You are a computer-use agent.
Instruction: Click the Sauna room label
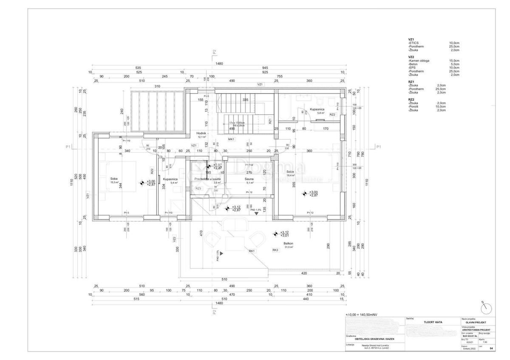[x=249, y=179]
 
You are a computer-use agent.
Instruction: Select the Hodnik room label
[x=201, y=133]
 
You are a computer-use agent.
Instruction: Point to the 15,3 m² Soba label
[x=114, y=179]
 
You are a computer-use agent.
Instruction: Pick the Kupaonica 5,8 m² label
[x=317, y=110]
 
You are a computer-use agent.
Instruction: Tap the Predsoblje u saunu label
[x=206, y=179]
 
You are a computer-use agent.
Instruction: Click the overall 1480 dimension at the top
[x=219, y=64]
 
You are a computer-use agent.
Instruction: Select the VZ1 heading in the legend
[x=411, y=39]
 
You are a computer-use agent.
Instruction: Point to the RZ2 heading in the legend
[x=411, y=99]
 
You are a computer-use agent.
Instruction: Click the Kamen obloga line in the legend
[x=419, y=61]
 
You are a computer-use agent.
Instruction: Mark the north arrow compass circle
[x=485, y=308]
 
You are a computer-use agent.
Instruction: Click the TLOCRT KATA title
[x=433, y=322]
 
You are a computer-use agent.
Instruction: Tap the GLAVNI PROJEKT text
[x=478, y=322]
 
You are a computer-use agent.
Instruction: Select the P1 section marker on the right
[x=379, y=147]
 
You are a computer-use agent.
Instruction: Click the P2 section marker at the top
[x=215, y=51]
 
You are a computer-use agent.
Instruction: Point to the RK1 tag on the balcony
[x=252, y=251]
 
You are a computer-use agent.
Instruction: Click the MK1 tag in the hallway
[x=231, y=139]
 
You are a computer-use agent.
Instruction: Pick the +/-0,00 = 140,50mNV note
[x=361, y=315]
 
